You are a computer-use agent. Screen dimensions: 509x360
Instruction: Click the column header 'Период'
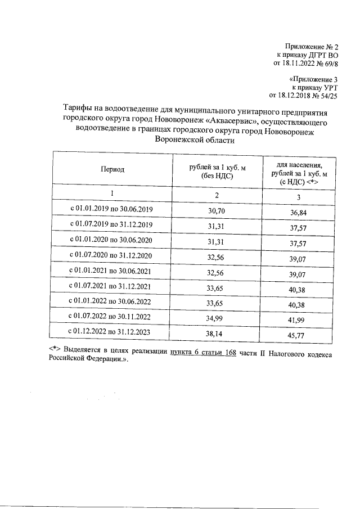(112, 169)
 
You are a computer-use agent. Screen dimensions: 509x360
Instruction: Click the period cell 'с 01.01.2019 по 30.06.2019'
(111, 209)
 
